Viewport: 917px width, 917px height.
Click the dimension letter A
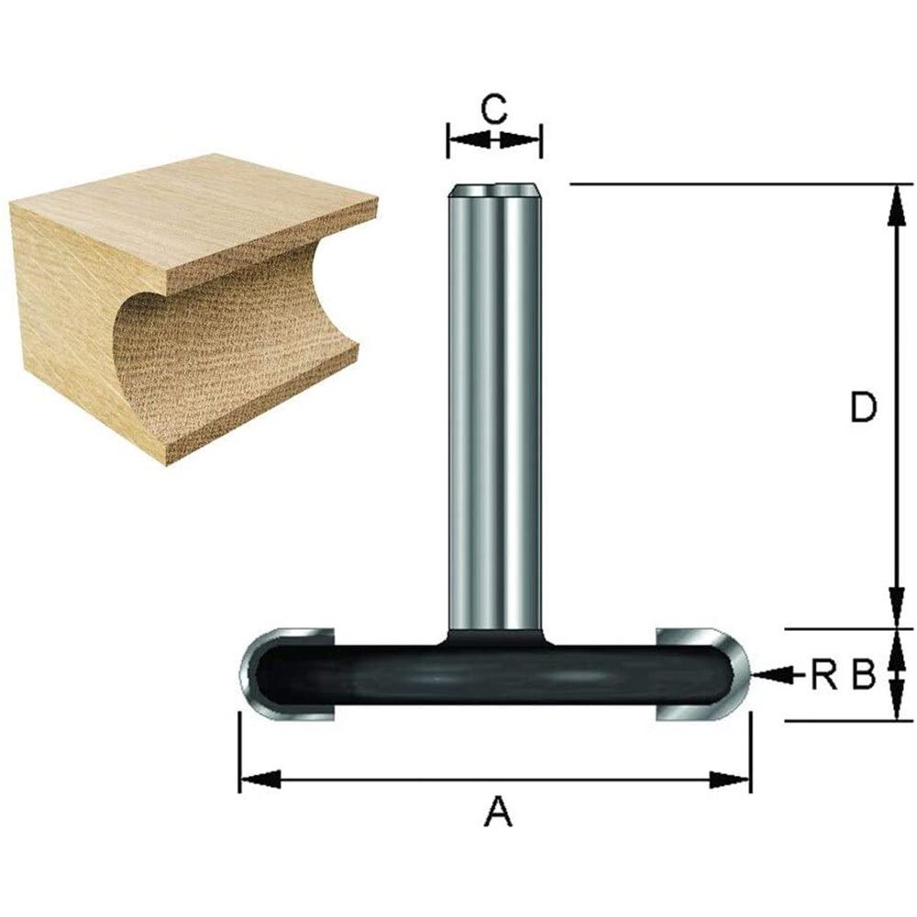pyautogui.click(x=496, y=811)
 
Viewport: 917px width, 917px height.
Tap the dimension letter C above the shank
pyautogui.click(x=494, y=110)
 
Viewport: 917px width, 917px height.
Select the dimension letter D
pyautogui.click(x=862, y=408)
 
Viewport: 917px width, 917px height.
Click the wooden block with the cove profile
pyautogui.click(x=183, y=303)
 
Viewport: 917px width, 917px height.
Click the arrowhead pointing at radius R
pyautogui.click(x=766, y=676)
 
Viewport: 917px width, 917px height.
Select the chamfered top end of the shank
pyautogui.click(x=494, y=191)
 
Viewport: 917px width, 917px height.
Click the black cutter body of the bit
pyautogui.click(x=494, y=674)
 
